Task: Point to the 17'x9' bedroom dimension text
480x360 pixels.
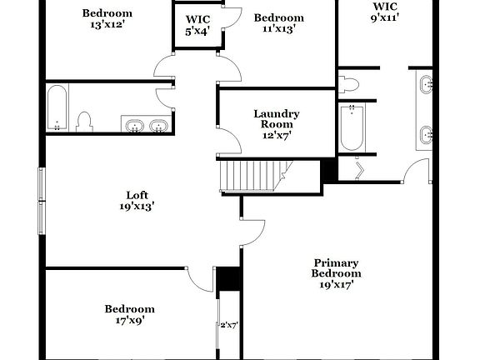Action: [x=129, y=320]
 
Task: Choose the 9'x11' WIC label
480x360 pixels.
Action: [x=385, y=18]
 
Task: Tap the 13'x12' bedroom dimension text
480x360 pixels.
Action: [x=107, y=25]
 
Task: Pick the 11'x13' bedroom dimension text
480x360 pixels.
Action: [x=278, y=30]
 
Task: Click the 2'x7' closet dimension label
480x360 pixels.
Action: [x=229, y=325]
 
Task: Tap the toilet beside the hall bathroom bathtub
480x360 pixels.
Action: [x=83, y=122]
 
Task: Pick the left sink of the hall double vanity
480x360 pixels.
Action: [x=133, y=126]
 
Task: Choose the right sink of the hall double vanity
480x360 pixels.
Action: [x=157, y=126]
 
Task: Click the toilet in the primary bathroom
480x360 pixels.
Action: [x=349, y=83]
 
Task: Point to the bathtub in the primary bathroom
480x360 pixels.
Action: [x=352, y=128]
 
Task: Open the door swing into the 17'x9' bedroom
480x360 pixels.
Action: [x=200, y=279]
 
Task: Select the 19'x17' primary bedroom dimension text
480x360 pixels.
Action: [x=336, y=284]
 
